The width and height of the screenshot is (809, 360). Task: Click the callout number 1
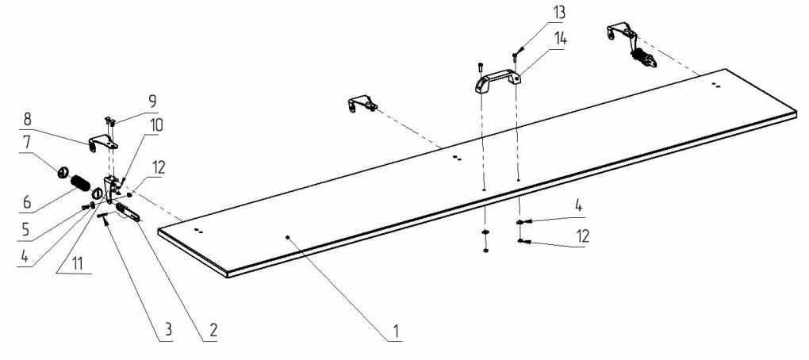tap(395, 330)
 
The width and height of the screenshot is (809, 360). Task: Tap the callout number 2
tap(213, 331)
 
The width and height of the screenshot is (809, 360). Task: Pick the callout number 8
tap(27, 119)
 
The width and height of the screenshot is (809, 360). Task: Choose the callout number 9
tap(153, 101)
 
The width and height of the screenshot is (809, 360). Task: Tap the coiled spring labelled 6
tap(80, 183)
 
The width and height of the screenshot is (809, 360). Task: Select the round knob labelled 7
tap(63, 172)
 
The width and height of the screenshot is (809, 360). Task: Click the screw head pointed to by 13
tap(515, 55)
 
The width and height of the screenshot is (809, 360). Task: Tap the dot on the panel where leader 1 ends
tap(287, 237)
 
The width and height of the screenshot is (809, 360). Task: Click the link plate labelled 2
tap(128, 212)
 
